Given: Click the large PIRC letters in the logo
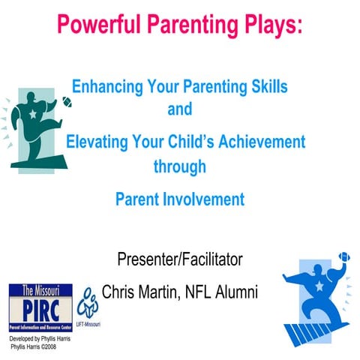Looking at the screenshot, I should click(40, 308).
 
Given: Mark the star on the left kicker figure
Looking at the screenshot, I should click(33, 123).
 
